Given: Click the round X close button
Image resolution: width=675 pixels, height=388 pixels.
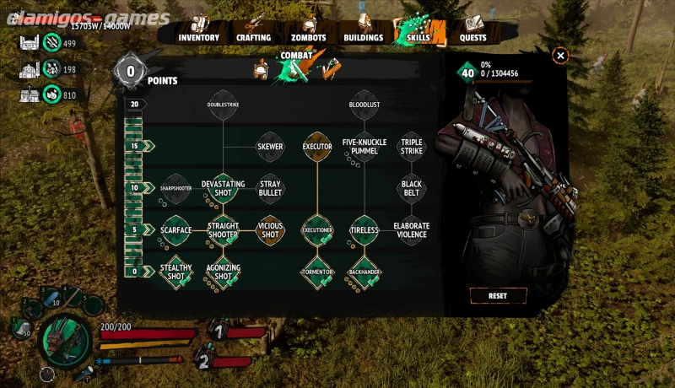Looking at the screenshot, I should [560, 56].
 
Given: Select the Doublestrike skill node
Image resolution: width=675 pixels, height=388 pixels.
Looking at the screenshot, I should [224, 104].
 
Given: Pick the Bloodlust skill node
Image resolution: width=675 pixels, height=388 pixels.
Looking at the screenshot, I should [364, 104].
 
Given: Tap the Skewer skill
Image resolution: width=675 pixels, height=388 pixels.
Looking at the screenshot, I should [270, 145].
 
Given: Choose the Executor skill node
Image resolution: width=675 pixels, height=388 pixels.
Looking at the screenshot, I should [317, 145].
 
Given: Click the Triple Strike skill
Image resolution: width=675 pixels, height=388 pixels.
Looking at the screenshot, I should [412, 145].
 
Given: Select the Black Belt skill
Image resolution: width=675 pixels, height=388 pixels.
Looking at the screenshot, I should [412, 186].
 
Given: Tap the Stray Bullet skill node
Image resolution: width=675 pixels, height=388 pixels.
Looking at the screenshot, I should [270, 186].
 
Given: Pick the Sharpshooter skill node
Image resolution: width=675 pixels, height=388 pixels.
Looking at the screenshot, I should [176, 188].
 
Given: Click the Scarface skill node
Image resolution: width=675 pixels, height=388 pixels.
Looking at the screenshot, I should [176, 229].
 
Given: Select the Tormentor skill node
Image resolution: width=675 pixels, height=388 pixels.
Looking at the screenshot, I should [317, 271].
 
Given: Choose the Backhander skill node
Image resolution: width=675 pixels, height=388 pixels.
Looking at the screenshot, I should [364, 271].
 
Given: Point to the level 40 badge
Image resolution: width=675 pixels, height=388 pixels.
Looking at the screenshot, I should [467, 72].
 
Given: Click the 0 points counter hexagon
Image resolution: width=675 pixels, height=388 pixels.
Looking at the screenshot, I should [131, 71].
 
